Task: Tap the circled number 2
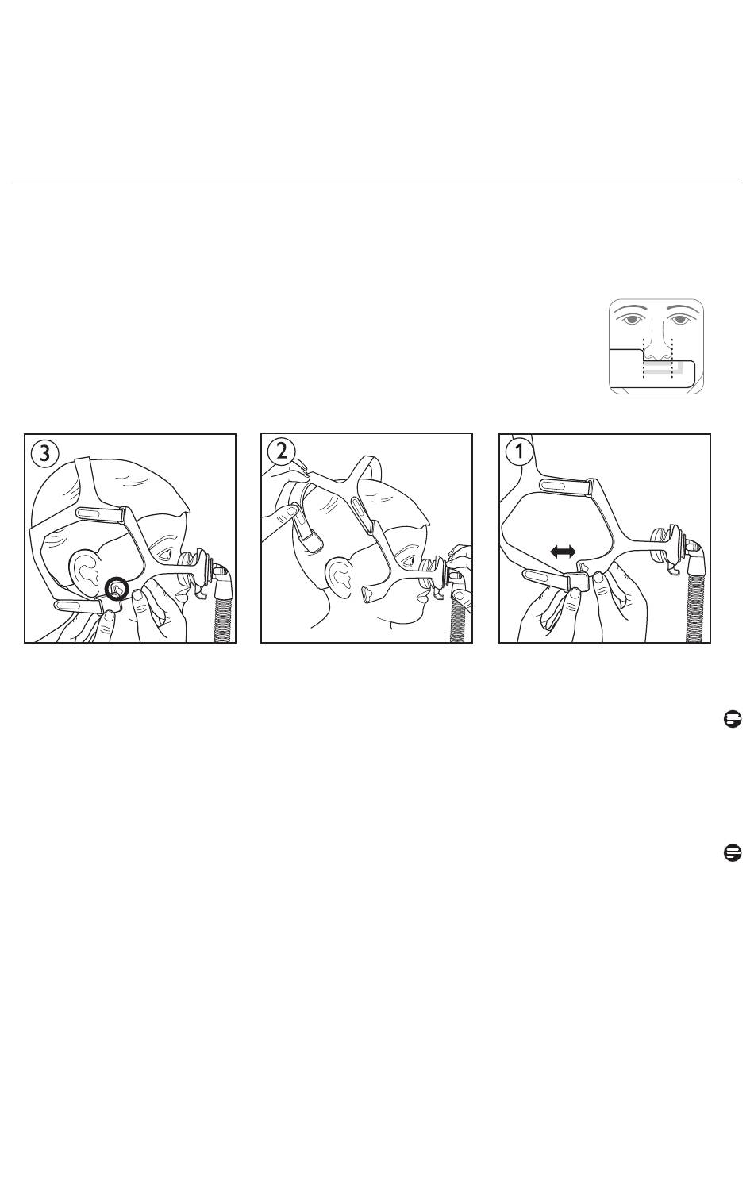[282, 452]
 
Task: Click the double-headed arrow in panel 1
[563, 552]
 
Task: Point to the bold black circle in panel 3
[117, 589]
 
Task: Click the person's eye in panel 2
[410, 561]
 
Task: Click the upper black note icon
[733, 719]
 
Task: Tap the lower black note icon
[733, 852]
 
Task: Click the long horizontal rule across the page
[377, 183]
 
